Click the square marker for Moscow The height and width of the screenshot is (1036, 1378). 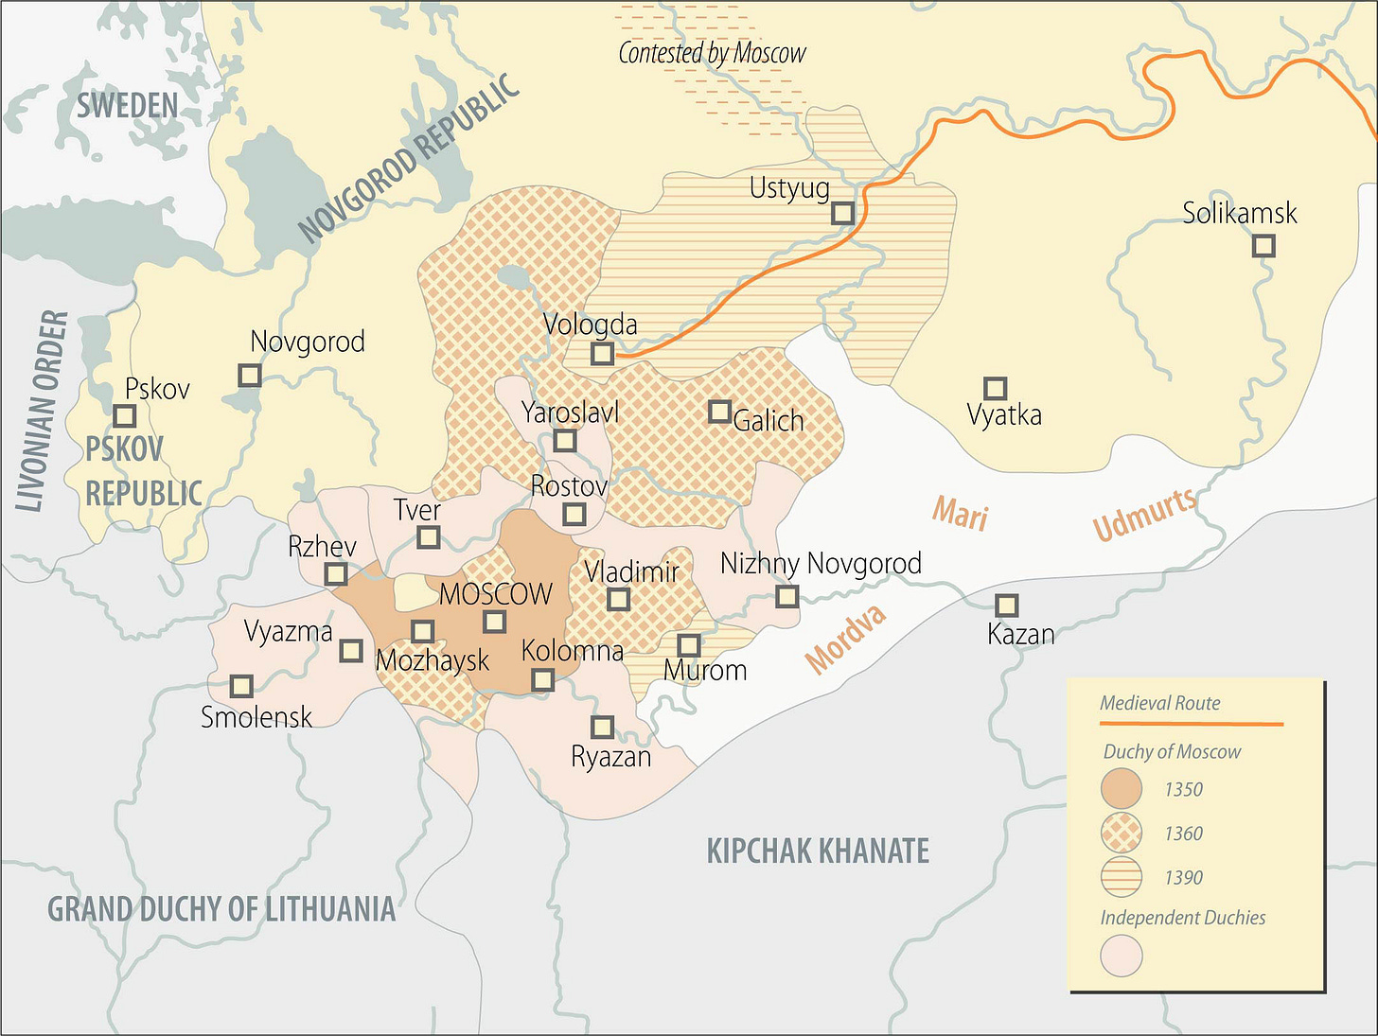(x=494, y=622)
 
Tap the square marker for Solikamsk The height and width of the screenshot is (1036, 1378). (x=1263, y=246)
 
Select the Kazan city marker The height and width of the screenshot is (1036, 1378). (x=1006, y=605)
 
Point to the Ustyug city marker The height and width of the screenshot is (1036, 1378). (x=842, y=213)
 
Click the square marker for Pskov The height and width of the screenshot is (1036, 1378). (x=124, y=415)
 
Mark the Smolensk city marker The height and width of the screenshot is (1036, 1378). (x=241, y=685)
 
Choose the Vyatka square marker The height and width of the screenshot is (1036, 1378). (x=994, y=388)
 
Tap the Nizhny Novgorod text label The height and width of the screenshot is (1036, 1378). (x=821, y=564)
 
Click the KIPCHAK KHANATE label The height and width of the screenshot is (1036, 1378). (x=818, y=851)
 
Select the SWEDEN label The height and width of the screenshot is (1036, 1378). (x=127, y=106)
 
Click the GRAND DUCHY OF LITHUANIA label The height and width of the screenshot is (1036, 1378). (x=221, y=909)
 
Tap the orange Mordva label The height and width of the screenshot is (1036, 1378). (x=846, y=639)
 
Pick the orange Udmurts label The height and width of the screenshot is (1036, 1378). (x=1144, y=515)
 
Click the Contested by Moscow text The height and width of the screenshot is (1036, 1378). (x=712, y=53)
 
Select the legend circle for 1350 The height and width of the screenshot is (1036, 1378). (x=1122, y=789)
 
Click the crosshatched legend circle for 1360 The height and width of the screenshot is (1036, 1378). (x=1122, y=834)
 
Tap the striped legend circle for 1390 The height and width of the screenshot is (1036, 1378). (x=1122, y=877)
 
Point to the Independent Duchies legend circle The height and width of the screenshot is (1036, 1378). (x=1122, y=956)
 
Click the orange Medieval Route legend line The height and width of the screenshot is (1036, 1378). (x=1191, y=724)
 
